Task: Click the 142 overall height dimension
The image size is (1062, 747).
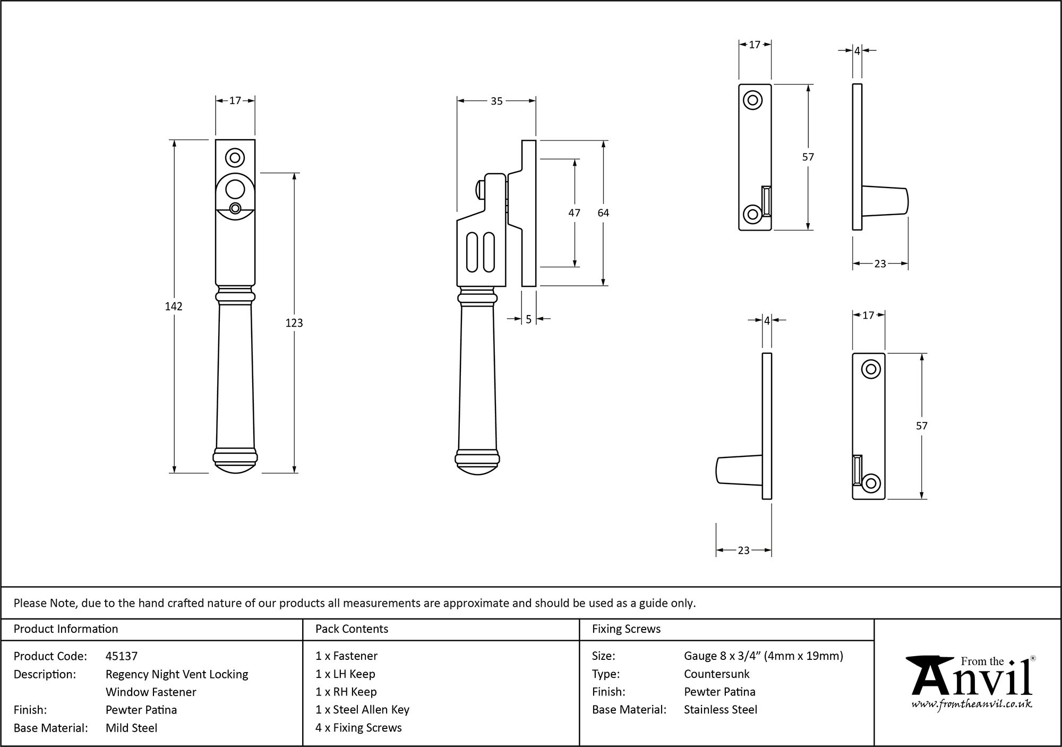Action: coord(174,307)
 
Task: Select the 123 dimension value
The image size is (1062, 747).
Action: coord(294,323)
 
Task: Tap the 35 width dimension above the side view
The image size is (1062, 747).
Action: coord(496,101)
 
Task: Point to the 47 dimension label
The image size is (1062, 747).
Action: coord(574,213)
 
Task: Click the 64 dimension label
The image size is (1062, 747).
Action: coord(603,213)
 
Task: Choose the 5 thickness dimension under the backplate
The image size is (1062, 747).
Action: coord(529,319)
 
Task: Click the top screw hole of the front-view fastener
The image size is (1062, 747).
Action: coord(235,158)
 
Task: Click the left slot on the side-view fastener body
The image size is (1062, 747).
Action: coord(472,251)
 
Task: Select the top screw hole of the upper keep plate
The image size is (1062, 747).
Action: coord(752,100)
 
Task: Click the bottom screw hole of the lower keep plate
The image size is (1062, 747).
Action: coord(871,483)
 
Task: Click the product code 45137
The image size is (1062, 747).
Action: coord(122,656)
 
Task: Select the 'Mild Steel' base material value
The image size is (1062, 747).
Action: coord(131,728)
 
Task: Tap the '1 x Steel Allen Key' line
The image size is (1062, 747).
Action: coord(362,710)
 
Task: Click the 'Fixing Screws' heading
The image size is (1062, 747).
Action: coord(626,629)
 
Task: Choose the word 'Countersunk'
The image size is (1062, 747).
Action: coord(716,674)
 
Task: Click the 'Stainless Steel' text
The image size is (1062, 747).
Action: coord(720,710)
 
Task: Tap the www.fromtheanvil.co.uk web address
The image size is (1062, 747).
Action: coord(972,704)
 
